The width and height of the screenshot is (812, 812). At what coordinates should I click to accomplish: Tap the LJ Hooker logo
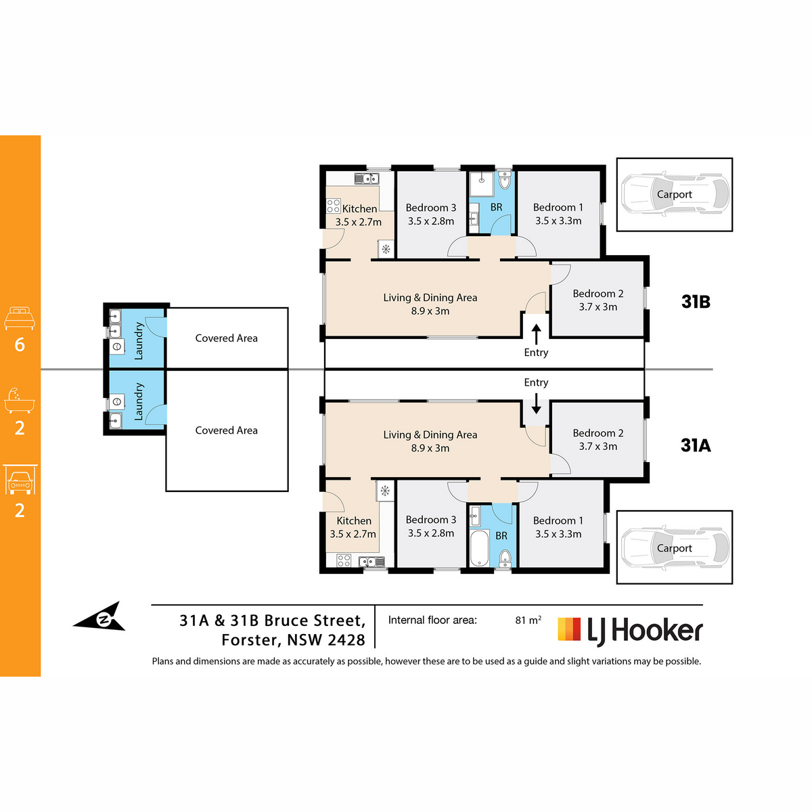coord(629,631)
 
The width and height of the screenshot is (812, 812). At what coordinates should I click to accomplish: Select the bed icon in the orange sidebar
coord(20,318)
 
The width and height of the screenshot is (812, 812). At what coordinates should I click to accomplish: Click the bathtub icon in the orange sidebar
coord(20,401)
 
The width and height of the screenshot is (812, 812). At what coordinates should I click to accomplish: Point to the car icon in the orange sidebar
coord(20,480)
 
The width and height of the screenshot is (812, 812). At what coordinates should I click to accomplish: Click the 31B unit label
coord(696,302)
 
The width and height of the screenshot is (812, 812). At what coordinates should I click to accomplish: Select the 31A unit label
coord(696,445)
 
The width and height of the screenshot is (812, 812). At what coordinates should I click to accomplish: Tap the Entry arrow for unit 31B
coord(536,334)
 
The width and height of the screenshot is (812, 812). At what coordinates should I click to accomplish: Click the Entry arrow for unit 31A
coord(536,404)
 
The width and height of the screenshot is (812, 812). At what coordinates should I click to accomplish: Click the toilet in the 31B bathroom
coord(504,181)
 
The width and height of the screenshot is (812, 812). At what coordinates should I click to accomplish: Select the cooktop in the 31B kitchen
coord(334,206)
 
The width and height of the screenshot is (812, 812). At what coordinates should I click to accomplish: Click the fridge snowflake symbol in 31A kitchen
coord(385,491)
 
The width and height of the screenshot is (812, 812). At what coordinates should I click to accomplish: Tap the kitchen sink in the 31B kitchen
coord(367,179)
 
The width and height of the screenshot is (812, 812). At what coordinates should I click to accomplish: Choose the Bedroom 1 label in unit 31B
coord(558,207)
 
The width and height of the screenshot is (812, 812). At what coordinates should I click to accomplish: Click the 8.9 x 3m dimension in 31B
coord(430,311)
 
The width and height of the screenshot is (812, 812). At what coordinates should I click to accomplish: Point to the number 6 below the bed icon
coord(20,344)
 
